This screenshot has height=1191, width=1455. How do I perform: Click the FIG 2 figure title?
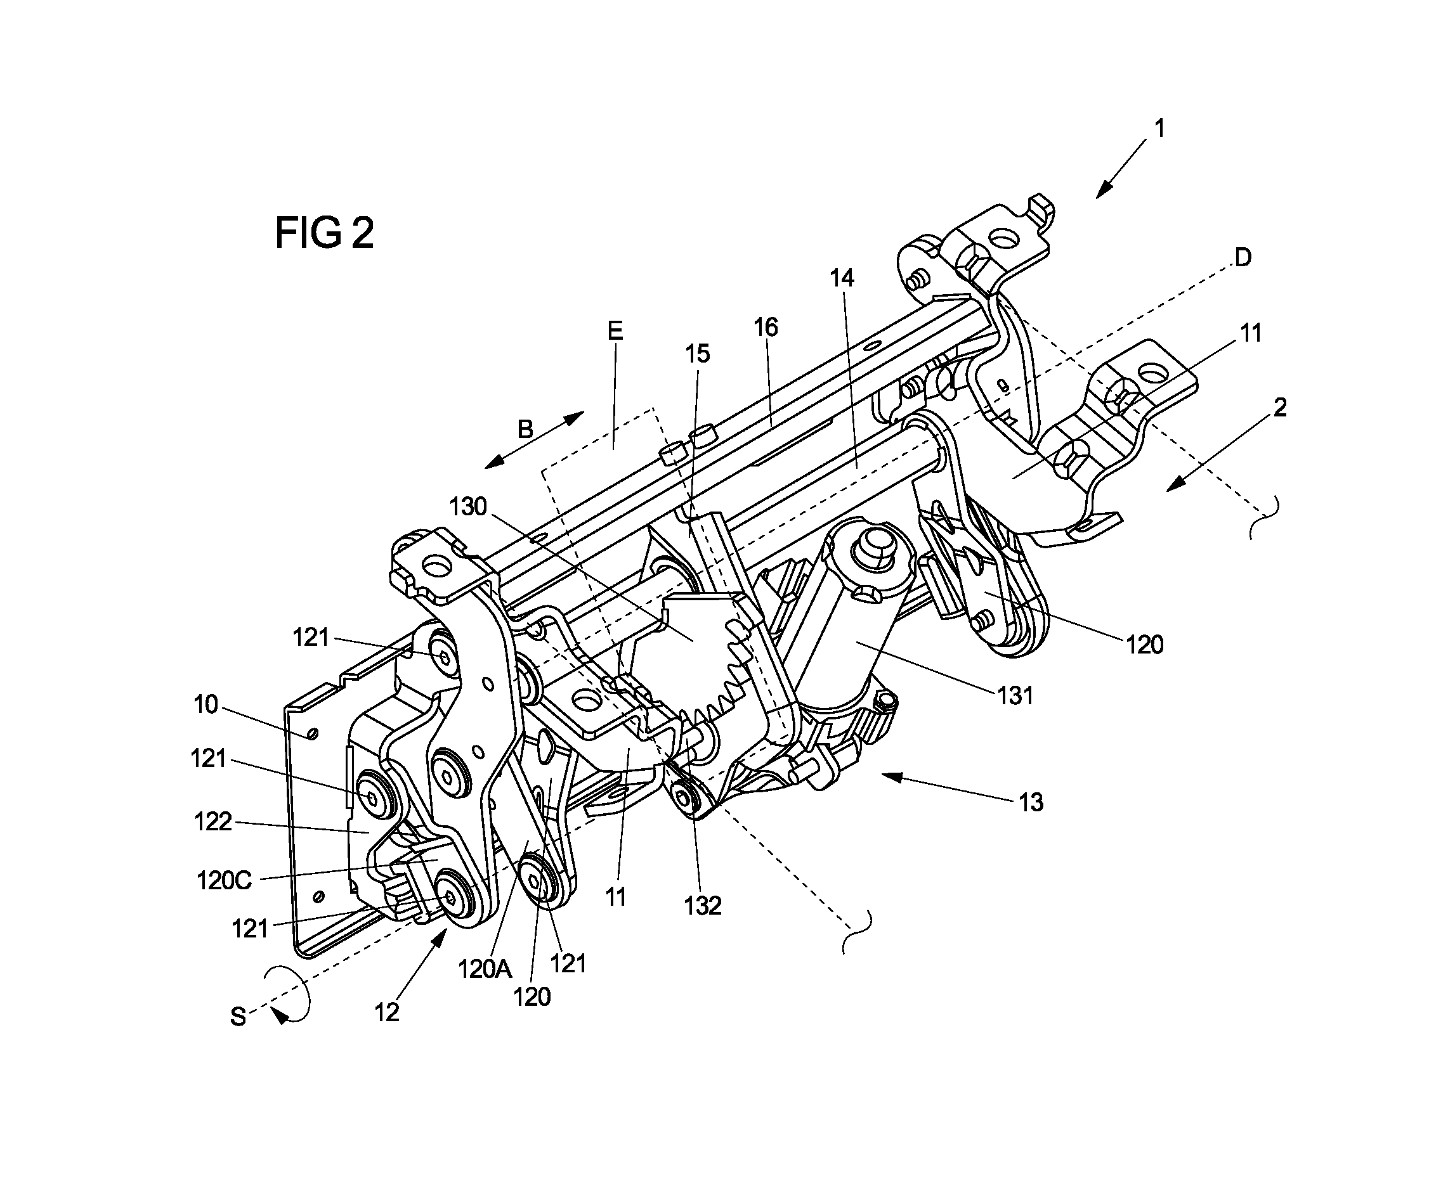(324, 233)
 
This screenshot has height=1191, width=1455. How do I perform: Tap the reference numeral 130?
(468, 507)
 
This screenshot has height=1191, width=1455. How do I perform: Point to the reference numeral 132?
(703, 906)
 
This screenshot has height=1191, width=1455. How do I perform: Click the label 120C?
(225, 880)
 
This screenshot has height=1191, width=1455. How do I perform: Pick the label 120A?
(485, 969)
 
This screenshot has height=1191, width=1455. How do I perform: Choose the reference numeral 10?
(206, 705)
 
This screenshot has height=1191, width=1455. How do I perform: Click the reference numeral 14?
(842, 278)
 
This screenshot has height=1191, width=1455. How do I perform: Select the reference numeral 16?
(766, 327)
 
